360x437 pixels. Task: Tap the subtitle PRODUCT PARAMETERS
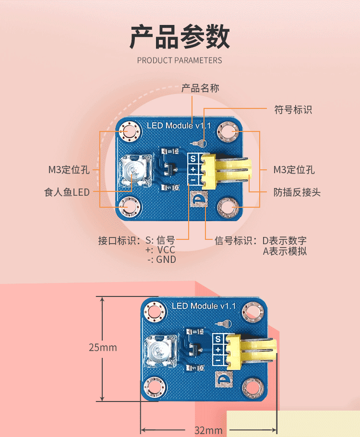180,60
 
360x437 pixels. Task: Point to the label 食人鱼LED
67,192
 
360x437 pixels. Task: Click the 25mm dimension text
103,347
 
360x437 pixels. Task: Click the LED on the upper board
132,170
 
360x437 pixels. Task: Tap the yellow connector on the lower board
250,352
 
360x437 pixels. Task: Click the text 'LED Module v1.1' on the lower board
204,306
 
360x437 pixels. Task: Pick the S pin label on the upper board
193,159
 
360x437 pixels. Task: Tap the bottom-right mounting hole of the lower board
252,387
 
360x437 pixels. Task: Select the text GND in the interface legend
166,260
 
